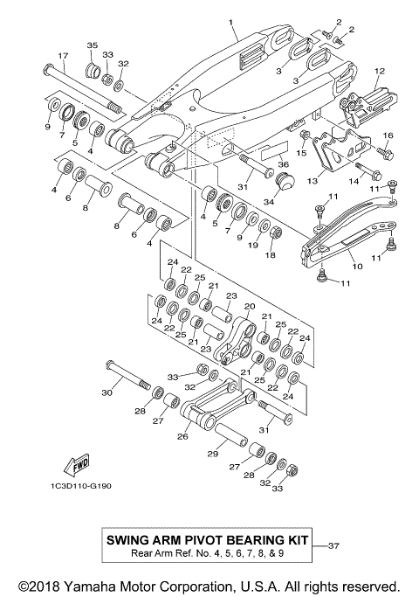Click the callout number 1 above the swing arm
(231, 19)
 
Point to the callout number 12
(380, 70)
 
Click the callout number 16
(388, 135)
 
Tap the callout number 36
(283, 164)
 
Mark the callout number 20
(249, 306)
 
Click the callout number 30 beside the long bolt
(106, 393)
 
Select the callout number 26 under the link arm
(182, 437)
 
